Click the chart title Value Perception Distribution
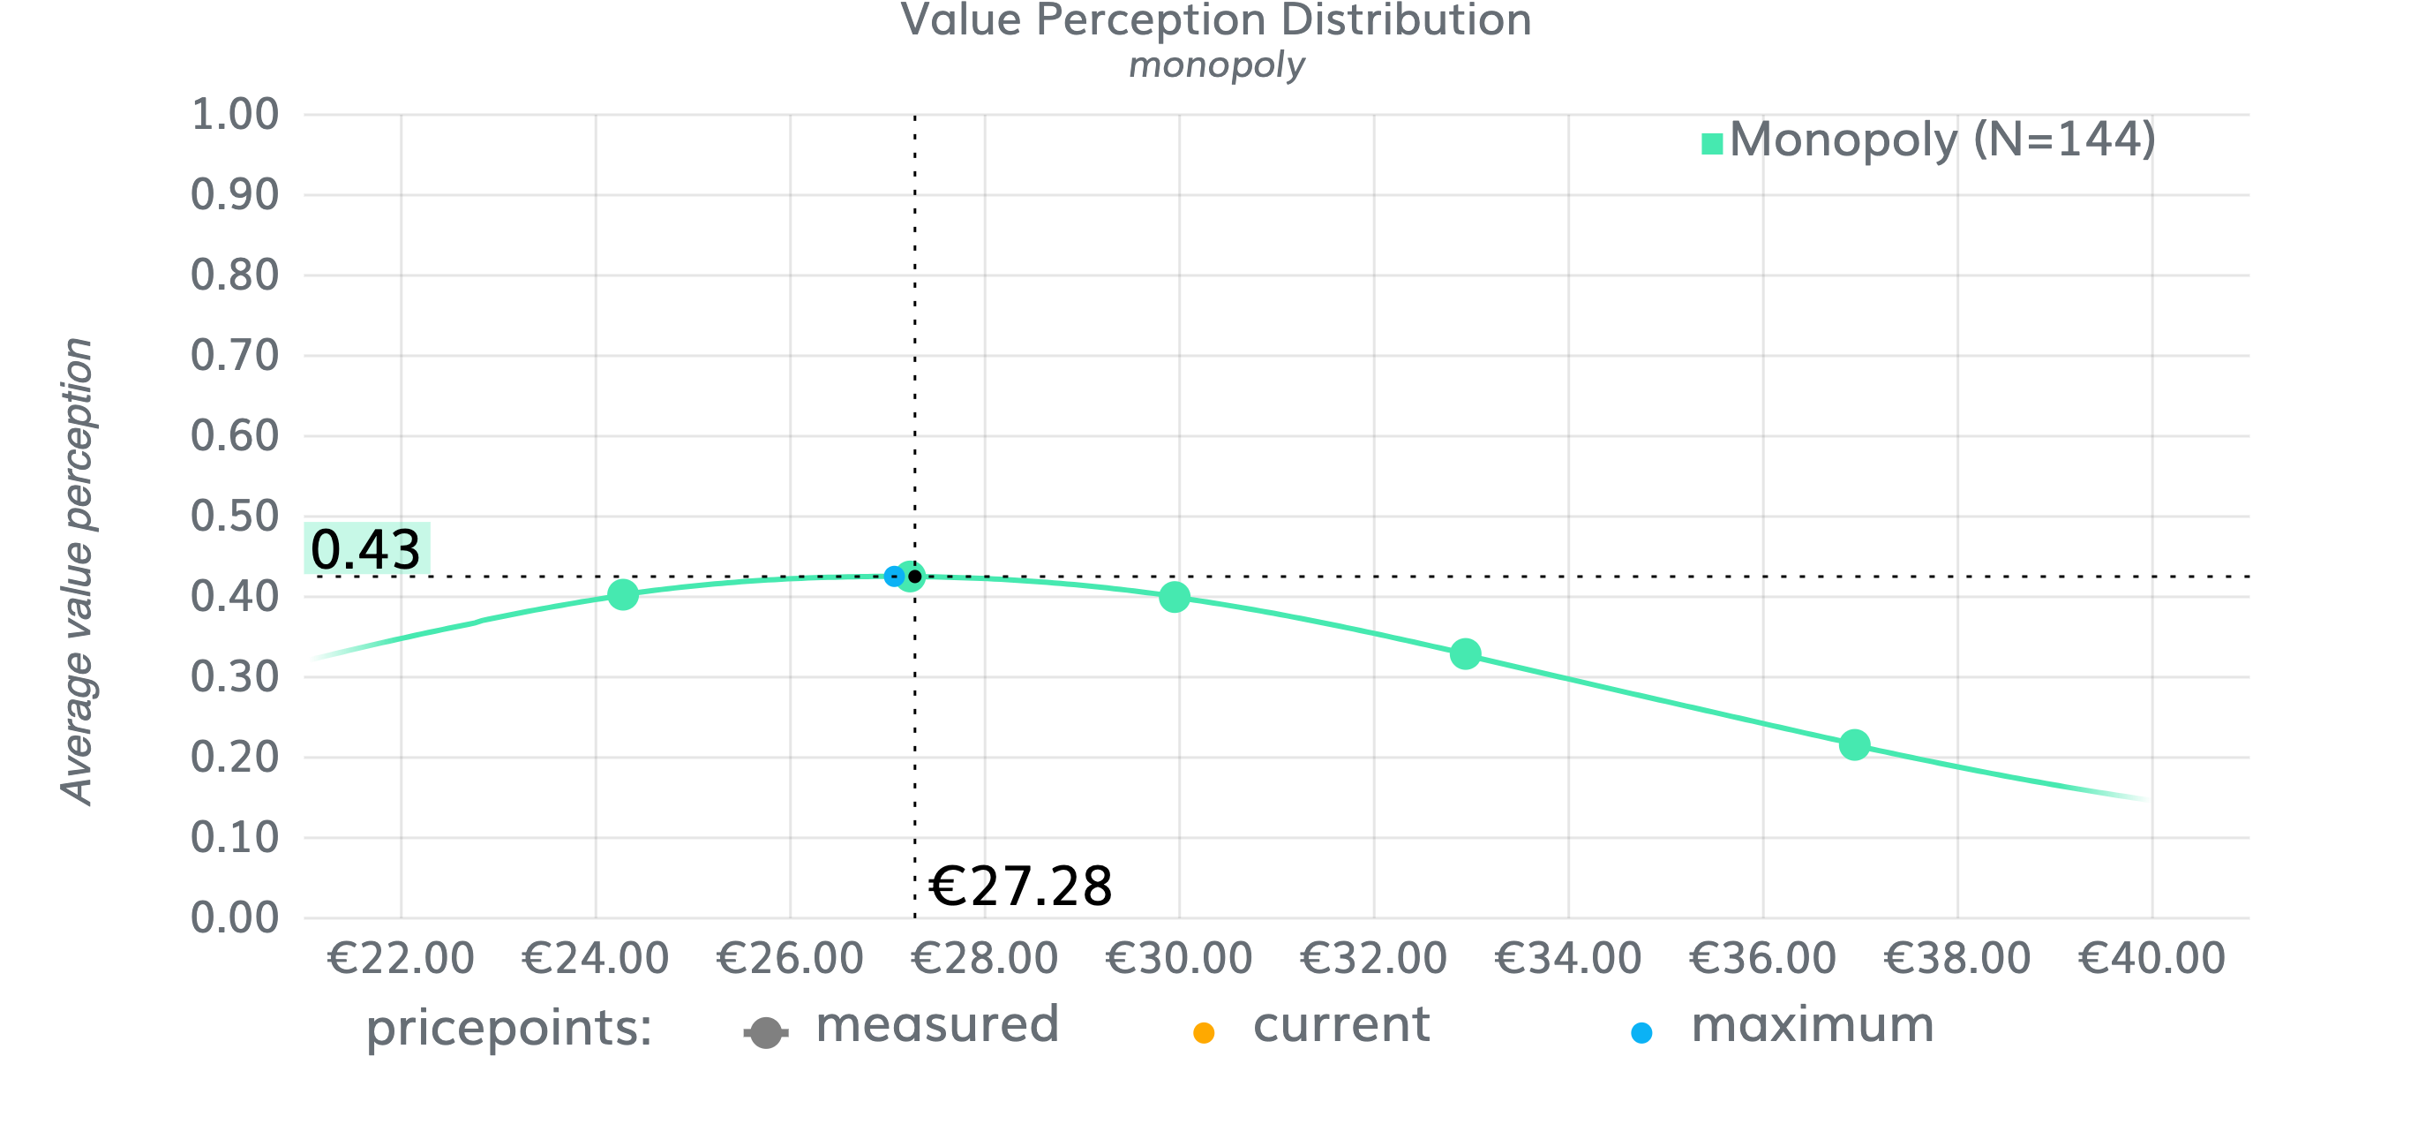coord(1215,21)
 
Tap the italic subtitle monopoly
coord(1216,66)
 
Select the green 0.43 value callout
coord(366,549)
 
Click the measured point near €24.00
coord(622,594)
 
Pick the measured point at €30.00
coord(1174,597)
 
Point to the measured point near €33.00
coord(1465,653)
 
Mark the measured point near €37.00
coord(1854,744)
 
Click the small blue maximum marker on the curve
coord(893,576)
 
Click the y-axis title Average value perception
coord(78,570)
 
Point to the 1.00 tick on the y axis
coord(234,116)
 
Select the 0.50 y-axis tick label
coord(234,517)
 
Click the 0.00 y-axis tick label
coord(234,918)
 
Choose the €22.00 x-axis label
coord(401,959)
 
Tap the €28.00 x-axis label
coord(984,959)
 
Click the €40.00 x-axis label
coord(2151,959)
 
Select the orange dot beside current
coord(1204,1033)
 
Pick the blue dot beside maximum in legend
coord(1641,1033)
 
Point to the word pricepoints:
coord(509,1027)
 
